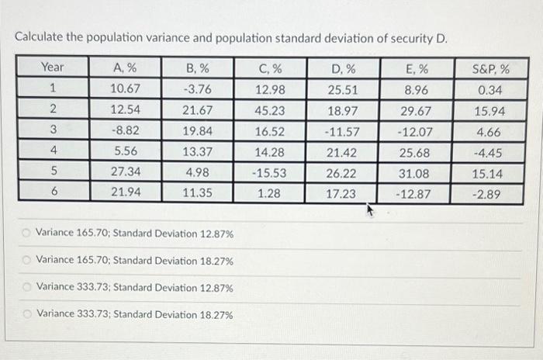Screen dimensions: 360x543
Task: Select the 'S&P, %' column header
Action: [x=490, y=67]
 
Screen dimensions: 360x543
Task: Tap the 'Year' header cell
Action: [x=53, y=67]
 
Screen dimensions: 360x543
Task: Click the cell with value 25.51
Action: [x=342, y=88]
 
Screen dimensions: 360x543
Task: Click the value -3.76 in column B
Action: [x=196, y=88]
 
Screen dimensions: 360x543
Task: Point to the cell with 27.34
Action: [x=124, y=171]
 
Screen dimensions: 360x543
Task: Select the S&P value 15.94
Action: [x=490, y=109]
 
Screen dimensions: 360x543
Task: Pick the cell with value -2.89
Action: [x=489, y=192]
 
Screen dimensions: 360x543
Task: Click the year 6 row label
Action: [x=54, y=192]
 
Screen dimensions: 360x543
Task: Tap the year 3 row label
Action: [x=54, y=130]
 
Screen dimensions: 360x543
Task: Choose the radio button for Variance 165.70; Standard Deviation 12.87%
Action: [x=27, y=233]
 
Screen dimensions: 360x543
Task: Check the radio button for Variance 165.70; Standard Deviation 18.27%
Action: [x=27, y=260]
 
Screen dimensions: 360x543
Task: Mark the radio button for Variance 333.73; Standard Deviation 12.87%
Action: [x=27, y=287]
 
